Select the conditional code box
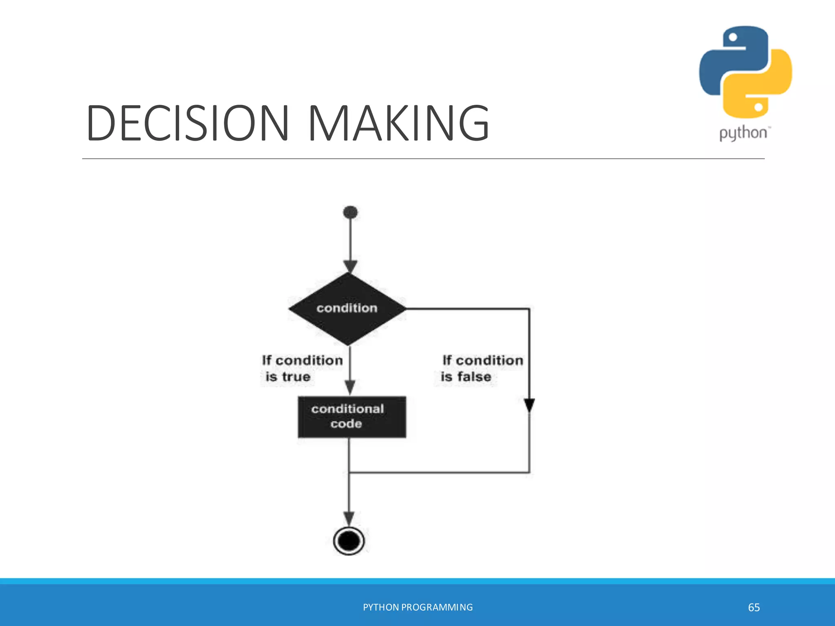coord(352,417)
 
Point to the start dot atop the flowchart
coord(350,212)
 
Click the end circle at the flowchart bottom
coord(349,541)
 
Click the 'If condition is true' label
coord(302,368)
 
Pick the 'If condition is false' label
coord(482,368)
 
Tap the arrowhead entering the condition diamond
coord(350,267)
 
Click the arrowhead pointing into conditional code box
coord(350,387)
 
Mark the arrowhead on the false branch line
coord(529,405)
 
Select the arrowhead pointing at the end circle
coord(349,519)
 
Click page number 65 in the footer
coord(754,607)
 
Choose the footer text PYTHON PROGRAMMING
coord(417,607)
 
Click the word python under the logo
coord(743,133)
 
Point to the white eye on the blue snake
coord(733,37)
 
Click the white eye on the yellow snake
coord(759,107)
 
